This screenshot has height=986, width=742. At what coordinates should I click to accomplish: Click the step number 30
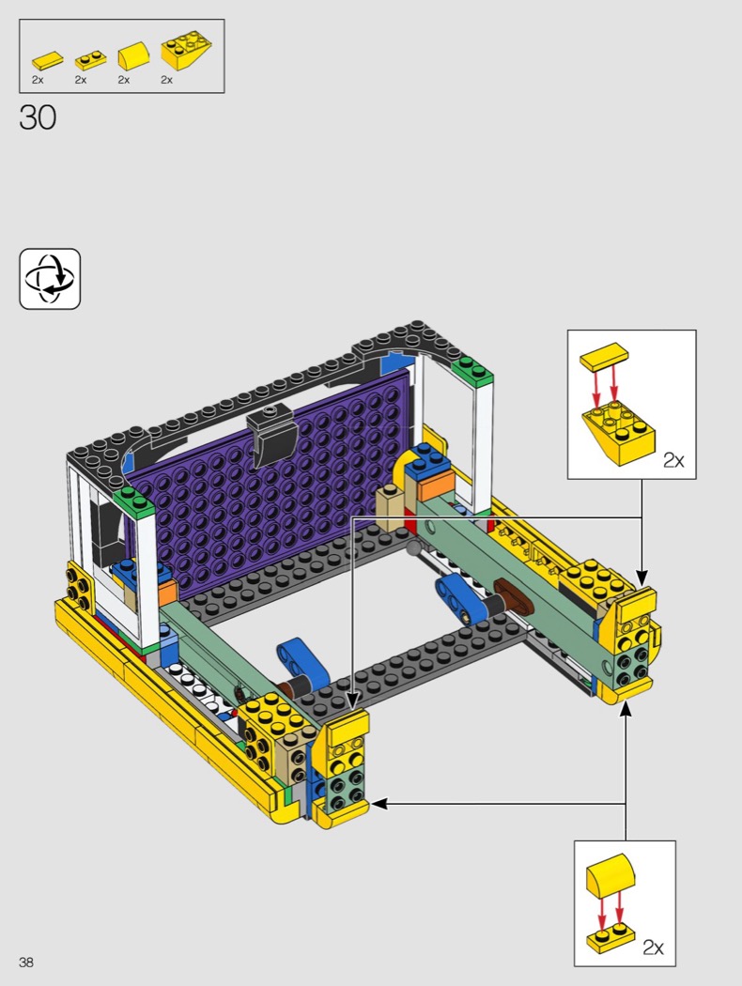coord(38,117)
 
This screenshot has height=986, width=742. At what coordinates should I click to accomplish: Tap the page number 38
coord(26,963)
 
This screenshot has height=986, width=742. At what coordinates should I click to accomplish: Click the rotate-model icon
coord(50,279)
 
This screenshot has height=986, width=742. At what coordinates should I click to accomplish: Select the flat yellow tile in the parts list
coord(48,60)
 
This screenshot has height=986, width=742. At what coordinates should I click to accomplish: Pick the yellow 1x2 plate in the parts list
coord(90,60)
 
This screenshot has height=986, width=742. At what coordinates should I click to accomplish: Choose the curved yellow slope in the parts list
coord(134,56)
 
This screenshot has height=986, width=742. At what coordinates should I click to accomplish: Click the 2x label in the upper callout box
coord(673,460)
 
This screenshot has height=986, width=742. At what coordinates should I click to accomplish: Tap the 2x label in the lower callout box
coord(654,947)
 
